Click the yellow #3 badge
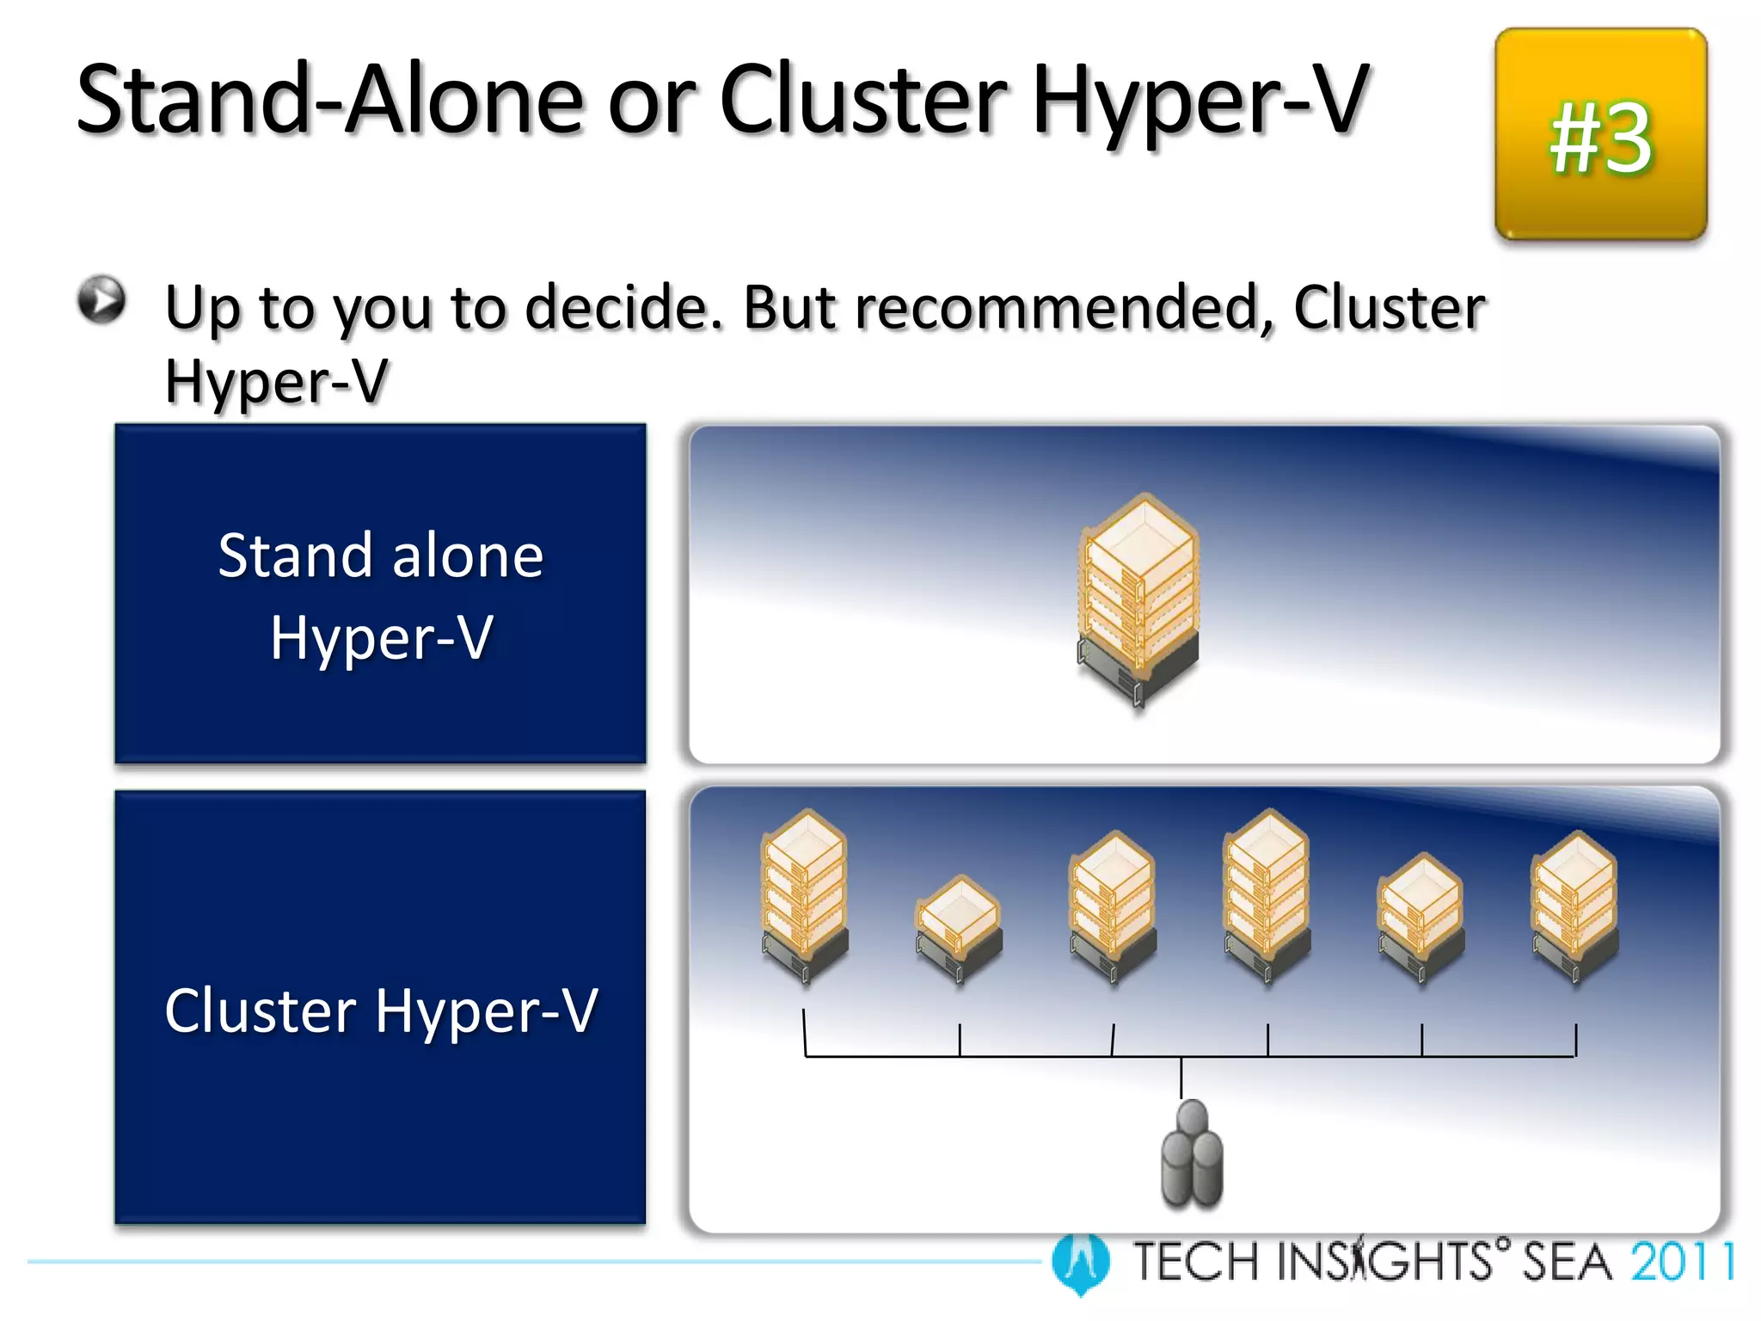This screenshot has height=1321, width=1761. pos(1600,135)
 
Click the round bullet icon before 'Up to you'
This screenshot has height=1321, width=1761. pos(101,300)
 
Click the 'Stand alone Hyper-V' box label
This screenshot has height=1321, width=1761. pos(381,595)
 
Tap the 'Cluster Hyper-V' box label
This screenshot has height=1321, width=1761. pos(381,1010)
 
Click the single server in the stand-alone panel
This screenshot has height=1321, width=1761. pos(1138,599)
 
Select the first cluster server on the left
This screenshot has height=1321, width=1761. pos(805,894)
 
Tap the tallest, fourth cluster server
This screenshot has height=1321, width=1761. pos(1267,894)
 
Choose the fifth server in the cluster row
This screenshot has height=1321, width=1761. pos(1420,916)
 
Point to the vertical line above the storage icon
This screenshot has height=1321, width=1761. pos(1181,1078)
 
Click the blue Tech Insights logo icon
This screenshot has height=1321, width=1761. pos(1080,1262)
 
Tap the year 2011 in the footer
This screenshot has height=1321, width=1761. pos(1682,1262)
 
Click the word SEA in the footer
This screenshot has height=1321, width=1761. pos(1566,1262)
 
